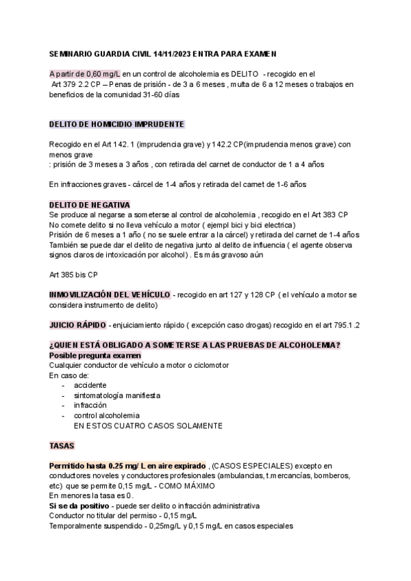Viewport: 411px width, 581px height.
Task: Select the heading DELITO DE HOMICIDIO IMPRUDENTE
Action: [116, 124]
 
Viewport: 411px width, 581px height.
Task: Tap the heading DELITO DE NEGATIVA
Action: [90, 205]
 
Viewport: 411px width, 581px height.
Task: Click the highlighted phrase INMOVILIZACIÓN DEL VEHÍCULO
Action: [110, 295]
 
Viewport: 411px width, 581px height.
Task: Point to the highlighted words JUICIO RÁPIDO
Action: [77, 324]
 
